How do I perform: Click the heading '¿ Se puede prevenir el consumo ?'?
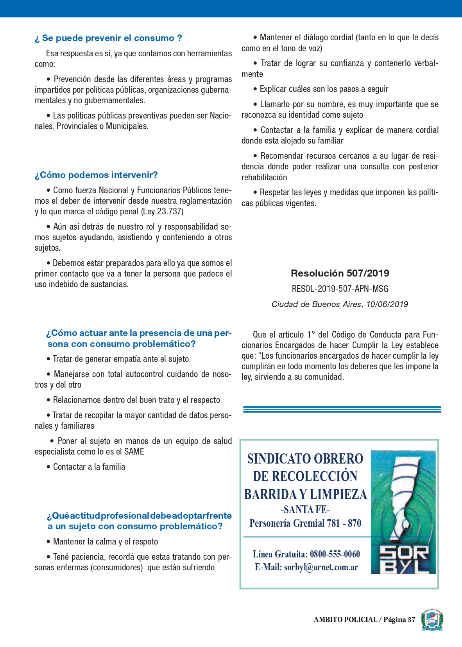click(x=108, y=38)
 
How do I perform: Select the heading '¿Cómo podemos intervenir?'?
click(x=96, y=175)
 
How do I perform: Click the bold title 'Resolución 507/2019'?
click(x=340, y=273)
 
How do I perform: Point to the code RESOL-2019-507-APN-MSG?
click(x=340, y=289)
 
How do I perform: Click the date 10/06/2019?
click(x=387, y=304)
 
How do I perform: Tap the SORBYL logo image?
click(x=403, y=512)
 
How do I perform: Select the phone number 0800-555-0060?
click(x=335, y=554)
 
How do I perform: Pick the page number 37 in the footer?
click(x=411, y=620)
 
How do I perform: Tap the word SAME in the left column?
click(x=134, y=452)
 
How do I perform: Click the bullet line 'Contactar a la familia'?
click(x=89, y=467)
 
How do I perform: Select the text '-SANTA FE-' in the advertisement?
click(x=305, y=509)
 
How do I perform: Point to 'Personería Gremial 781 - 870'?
click(x=305, y=523)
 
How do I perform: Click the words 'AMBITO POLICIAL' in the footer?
click(x=345, y=620)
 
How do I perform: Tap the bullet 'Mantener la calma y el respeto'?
click(x=106, y=542)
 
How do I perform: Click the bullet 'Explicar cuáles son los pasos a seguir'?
click(x=324, y=89)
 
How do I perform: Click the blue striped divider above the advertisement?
click(x=342, y=410)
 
